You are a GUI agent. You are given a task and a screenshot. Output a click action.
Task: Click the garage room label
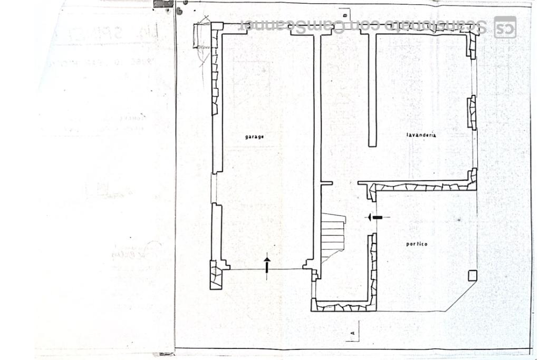pyautogui.click(x=254, y=137)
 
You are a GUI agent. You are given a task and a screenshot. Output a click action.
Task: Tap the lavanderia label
pyautogui.click(x=421, y=135)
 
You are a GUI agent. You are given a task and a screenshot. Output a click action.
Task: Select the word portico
pyautogui.click(x=417, y=244)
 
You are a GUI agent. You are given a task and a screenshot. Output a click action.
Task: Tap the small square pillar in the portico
pyautogui.click(x=472, y=275)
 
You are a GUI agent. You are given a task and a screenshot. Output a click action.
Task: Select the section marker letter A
pyautogui.click(x=352, y=333)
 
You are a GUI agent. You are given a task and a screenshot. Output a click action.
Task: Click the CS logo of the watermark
pyautogui.click(x=505, y=27)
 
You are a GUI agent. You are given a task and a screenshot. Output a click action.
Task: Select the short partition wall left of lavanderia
pyautogui.click(x=372, y=90)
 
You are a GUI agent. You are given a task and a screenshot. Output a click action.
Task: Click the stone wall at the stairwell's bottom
pyautogui.click(x=343, y=306)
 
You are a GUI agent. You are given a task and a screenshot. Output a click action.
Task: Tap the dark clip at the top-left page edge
pyautogui.click(x=163, y=4)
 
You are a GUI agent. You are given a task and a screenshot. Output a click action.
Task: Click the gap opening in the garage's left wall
pyautogui.click(x=214, y=188)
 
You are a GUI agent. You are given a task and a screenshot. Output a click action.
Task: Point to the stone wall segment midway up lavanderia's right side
pyautogui.click(x=472, y=112)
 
